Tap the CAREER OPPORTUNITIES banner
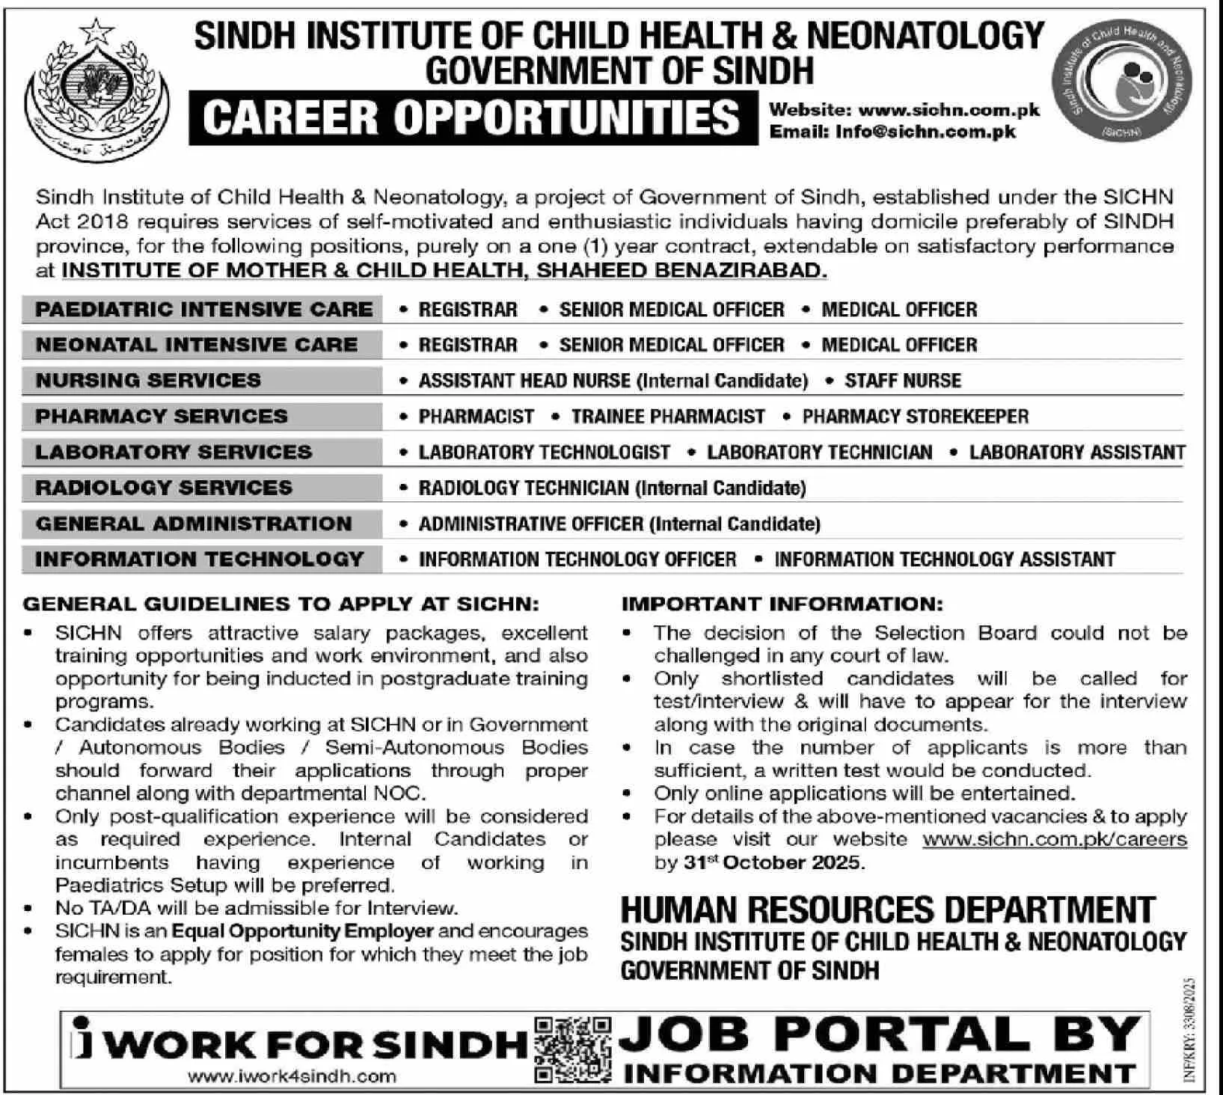(471, 118)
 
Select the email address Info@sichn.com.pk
(928, 132)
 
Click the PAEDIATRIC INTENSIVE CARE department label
(203, 310)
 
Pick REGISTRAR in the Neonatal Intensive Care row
(468, 345)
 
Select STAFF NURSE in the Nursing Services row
(902, 381)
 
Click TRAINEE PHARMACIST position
(667, 417)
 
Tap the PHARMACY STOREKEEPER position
(915, 417)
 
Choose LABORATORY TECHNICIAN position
(819, 453)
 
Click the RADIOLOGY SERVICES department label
(164, 488)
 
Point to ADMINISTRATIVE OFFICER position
(530, 524)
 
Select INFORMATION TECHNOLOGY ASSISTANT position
(944, 559)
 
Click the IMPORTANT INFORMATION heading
(782, 604)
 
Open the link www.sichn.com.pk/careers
(1054, 839)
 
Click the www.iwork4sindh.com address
(292, 1077)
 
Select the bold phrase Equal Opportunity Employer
(302, 931)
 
